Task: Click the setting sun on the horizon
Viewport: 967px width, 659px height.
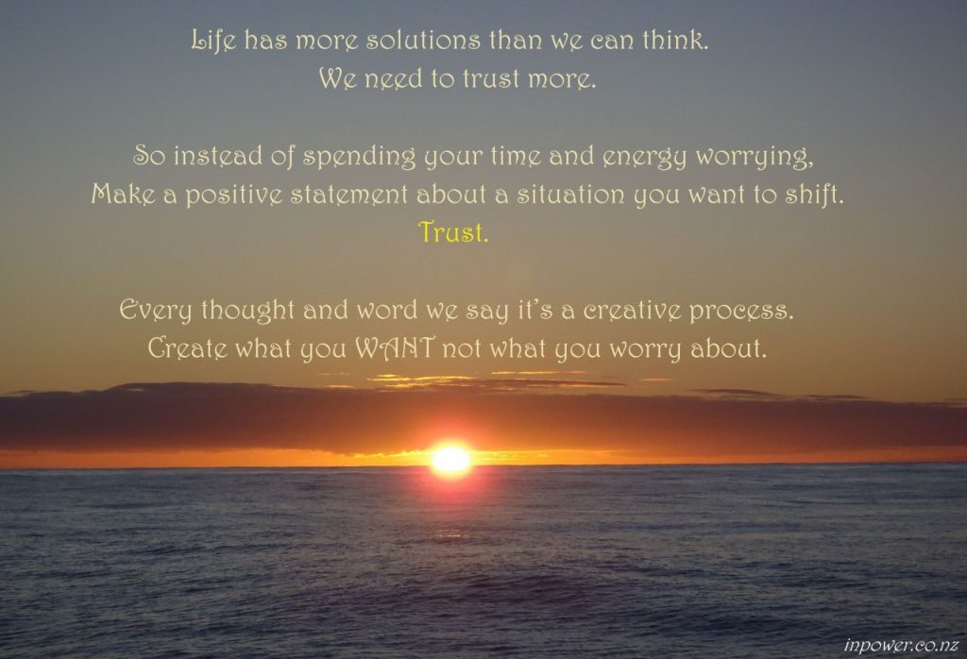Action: click(x=452, y=460)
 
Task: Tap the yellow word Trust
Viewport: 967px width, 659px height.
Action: click(x=453, y=232)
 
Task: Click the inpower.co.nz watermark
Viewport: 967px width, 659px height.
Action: click(x=901, y=645)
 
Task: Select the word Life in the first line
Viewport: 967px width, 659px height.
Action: click(x=213, y=41)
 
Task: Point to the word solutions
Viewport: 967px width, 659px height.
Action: click(x=422, y=41)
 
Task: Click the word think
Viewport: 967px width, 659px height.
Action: click(x=675, y=41)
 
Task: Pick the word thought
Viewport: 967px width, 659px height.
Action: click(x=248, y=310)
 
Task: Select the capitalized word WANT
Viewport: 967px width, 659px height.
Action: click(x=396, y=348)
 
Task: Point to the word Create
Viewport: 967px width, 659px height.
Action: click(x=188, y=348)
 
